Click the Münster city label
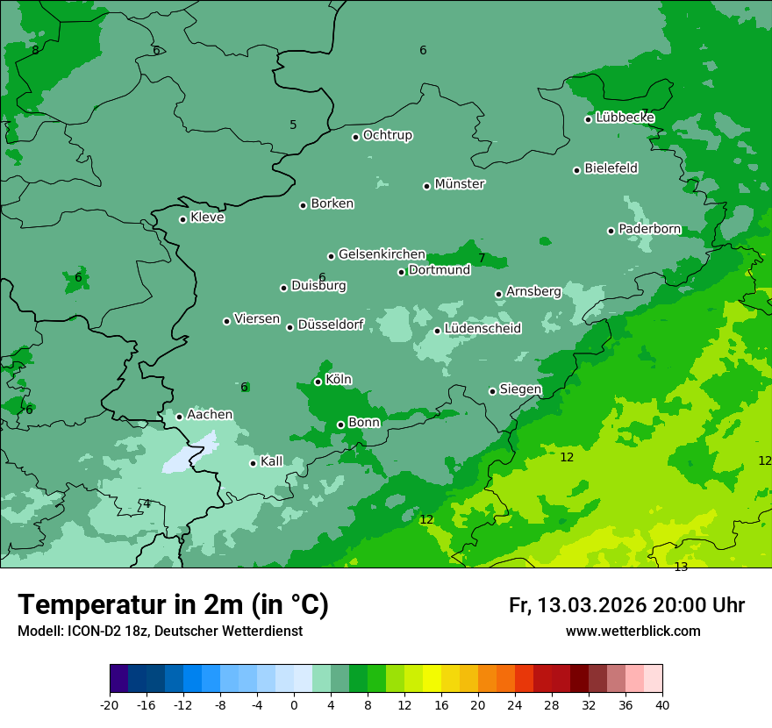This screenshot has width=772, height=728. pyautogui.click(x=460, y=184)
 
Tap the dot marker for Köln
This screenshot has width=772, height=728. pyautogui.click(x=318, y=382)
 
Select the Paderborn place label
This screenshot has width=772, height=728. pyautogui.click(x=649, y=229)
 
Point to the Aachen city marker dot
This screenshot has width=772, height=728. pyautogui.click(x=179, y=417)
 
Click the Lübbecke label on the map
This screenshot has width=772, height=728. pyautogui.click(x=625, y=118)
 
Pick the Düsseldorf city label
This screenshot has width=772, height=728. pyautogui.click(x=331, y=325)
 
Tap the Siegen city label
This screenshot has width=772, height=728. pyautogui.click(x=520, y=389)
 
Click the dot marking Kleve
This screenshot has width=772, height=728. pyautogui.click(x=182, y=219)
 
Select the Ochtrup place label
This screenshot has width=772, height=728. pyautogui.click(x=388, y=135)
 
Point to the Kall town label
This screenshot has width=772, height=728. pyautogui.click(x=272, y=461)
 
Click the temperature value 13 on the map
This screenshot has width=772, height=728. pyautogui.click(x=681, y=567)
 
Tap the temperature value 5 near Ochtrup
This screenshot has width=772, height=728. pyautogui.click(x=293, y=125)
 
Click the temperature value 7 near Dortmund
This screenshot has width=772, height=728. pyautogui.click(x=482, y=258)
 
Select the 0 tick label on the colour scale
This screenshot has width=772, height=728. pyautogui.click(x=294, y=705)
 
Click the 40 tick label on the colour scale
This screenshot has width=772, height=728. pyautogui.click(x=662, y=705)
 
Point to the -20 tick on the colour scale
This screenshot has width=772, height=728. pyautogui.click(x=109, y=705)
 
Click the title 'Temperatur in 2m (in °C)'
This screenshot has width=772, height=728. pyautogui.click(x=173, y=604)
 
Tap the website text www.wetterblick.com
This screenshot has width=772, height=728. pyautogui.click(x=633, y=631)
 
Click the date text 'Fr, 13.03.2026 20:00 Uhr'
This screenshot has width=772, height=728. pyautogui.click(x=626, y=605)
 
